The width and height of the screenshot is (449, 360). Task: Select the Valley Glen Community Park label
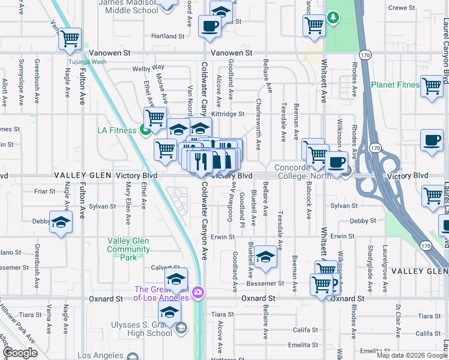coord(128,249)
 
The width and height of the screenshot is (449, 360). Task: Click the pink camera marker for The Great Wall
coord(197,293)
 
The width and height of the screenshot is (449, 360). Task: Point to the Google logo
coord(20,353)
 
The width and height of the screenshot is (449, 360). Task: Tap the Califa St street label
coord(306,329)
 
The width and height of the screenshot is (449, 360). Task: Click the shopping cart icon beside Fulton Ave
coord(70,39)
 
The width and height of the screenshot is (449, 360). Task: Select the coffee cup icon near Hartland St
coord(209,26)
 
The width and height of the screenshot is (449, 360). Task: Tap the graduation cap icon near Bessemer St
coord(265,257)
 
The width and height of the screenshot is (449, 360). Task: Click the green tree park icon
coord(332,18)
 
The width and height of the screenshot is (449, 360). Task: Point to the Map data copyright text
coord(411,355)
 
